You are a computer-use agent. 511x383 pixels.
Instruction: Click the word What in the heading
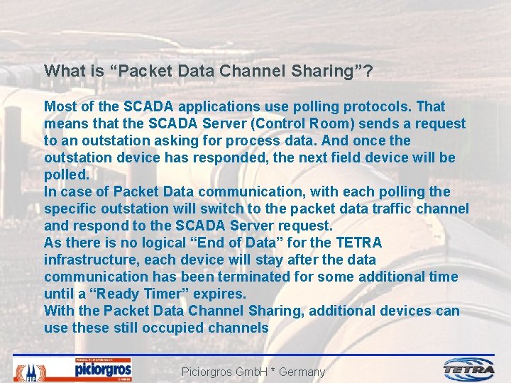(62, 72)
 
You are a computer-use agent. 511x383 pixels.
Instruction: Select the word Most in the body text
(60, 107)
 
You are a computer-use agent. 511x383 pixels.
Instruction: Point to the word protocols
(380, 107)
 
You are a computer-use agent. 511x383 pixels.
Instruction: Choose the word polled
(65, 175)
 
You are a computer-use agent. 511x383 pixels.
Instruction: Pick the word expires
(223, 294)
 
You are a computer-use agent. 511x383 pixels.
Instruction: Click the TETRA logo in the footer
(470, 369)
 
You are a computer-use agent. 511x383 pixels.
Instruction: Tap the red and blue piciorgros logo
(103, 370)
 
